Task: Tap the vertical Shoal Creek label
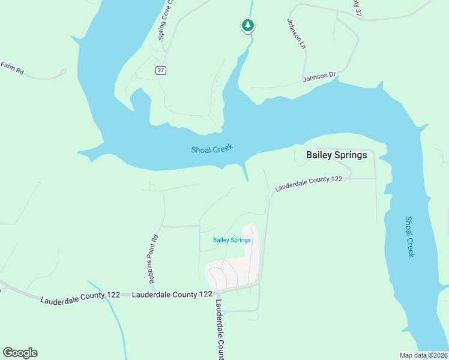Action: coord(410,237)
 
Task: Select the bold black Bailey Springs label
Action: coord(336,155)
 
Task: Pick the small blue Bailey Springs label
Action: coord(232,240)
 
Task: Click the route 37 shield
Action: coord(160,70)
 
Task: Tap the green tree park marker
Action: coord(247,25)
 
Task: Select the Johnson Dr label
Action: coord(319,76)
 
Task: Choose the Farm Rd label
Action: coord(12,68)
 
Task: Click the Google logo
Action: coord(20,353)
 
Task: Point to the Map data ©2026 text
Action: coord(423,355)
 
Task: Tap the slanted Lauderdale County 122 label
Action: coord(309,183)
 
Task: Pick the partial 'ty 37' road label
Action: coord(358,7)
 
